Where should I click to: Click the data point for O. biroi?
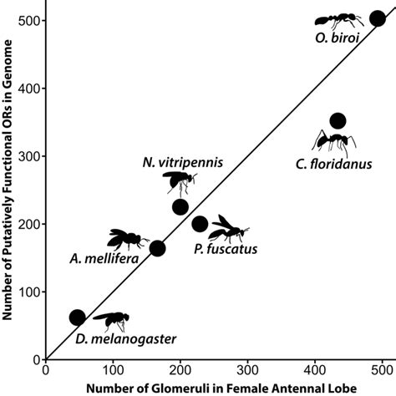click(378, 19)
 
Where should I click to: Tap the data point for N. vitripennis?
click(180, 207)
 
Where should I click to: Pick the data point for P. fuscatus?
click(200, 223)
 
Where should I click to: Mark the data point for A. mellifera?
click(157, 247)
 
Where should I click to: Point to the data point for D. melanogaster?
click(77, 317)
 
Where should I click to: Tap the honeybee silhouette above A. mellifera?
click(128, 240)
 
